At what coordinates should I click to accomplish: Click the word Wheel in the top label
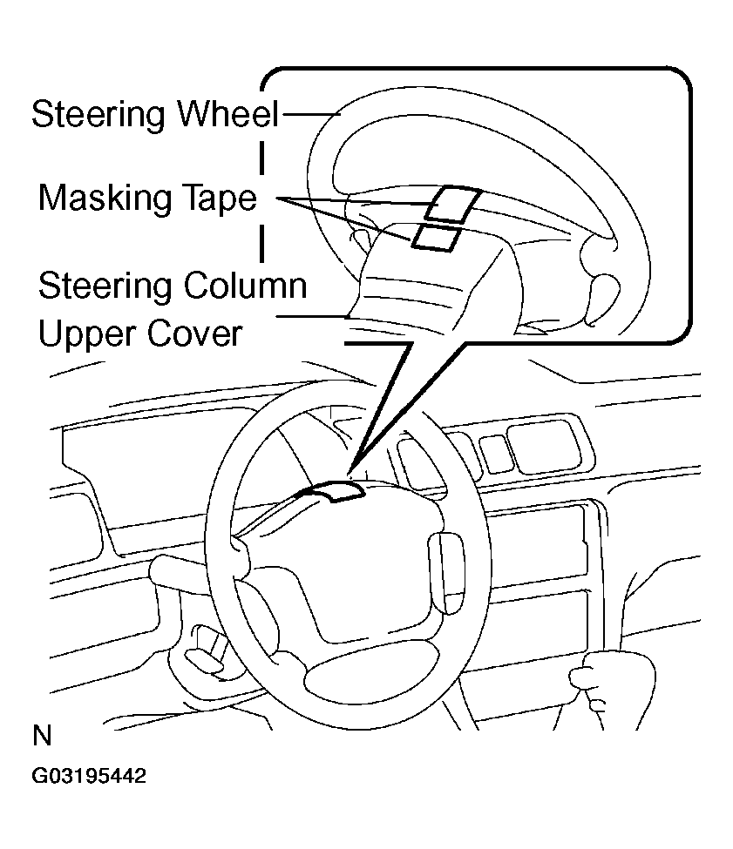[226, 114]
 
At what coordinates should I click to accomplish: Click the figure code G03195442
[88, 776]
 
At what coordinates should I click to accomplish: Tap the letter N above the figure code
[42, 737]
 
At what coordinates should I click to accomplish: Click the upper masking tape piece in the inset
[451, 205]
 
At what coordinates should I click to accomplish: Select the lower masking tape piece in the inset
[433, 237]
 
